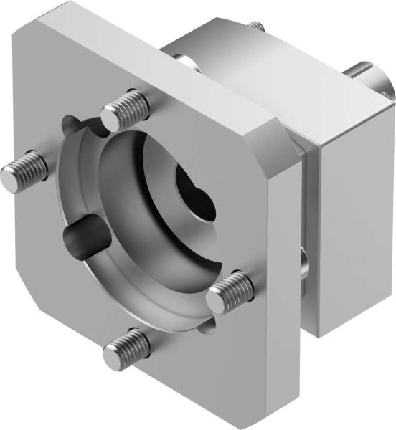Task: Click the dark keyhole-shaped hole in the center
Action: pyautogui.click(x=195, y=193)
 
